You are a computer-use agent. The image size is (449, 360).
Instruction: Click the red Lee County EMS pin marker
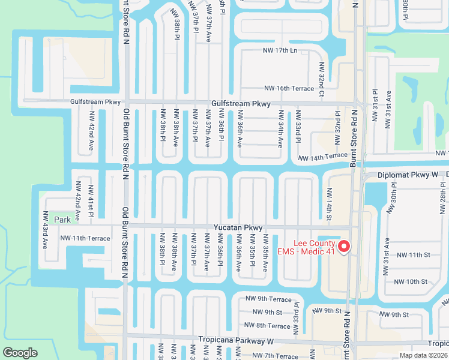tap(344, 246)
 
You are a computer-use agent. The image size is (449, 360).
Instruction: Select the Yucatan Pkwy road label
tap(238, 228)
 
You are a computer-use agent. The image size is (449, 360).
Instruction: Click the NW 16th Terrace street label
tap(288, 88)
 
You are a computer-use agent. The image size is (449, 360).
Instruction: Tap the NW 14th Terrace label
tap(323, 156)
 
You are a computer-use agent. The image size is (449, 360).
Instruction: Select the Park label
tap(62, 220)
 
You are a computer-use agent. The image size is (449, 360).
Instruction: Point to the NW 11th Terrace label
tap(85, 238)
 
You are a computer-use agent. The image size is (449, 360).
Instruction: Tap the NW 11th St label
tap(411, 255)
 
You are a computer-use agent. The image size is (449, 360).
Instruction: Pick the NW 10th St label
tap(411, 281)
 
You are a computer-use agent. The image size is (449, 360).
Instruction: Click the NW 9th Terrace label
tap(268, 299)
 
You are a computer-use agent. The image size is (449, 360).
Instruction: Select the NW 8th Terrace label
tap(265, 326)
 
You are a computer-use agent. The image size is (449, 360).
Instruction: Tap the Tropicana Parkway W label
tap(236, 341)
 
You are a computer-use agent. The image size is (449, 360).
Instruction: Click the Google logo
tap(20, 353)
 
